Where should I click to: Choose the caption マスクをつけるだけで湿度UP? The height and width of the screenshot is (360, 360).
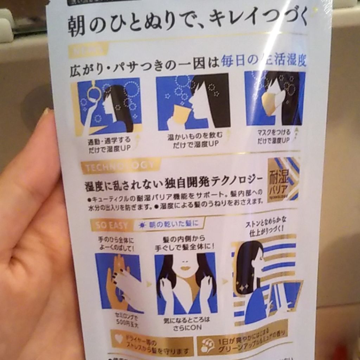[274, 136]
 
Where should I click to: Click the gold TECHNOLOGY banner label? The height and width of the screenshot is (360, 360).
[120, 166]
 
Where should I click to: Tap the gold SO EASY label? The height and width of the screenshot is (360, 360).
[109, 225]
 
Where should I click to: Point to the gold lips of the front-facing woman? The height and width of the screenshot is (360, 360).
[185, 268]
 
